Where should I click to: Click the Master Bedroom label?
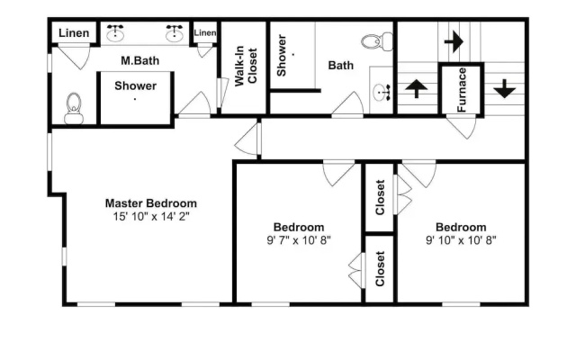(151, 203)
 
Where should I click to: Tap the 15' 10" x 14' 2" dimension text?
(151, 216)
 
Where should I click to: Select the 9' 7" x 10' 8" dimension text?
(299, 240)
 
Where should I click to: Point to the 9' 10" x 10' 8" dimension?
(461, 240)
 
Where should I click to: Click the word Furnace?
(462, 90)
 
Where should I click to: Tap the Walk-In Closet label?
(246, 66)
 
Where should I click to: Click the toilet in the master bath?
(74, 108)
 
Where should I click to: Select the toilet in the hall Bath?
(377, 41)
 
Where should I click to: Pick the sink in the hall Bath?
(382, 92)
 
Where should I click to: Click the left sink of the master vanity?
(115, 33)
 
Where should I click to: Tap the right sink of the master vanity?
(174, 33)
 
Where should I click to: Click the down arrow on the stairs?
(504, 88)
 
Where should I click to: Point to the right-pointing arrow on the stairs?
(454, 41)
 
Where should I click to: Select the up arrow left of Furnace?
(416, 88)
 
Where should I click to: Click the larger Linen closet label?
(74, 33)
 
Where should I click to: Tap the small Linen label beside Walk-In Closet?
(205, 32)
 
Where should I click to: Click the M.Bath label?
(140, 60)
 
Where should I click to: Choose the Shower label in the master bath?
(136, 85)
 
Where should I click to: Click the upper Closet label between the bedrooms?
(380, 197)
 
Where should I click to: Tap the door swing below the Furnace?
(462, 127)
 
